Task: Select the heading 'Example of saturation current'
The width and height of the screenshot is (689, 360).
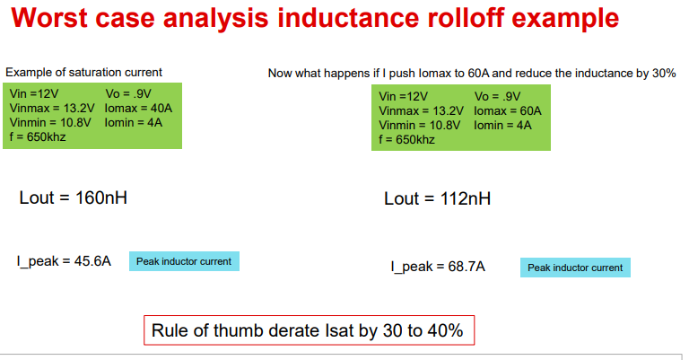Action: [x=83, y=72]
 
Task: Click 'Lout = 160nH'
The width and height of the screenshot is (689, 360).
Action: [x=73, y=198]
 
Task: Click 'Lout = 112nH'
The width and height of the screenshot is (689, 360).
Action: [x=437, y=199]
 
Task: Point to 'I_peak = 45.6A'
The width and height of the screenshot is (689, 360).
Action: [x=64, y=261]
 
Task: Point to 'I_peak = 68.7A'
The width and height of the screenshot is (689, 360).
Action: [x=438, y=267]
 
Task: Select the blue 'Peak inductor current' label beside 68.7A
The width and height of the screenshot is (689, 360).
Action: [x=575, y=268]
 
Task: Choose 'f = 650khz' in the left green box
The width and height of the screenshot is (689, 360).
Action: [x=38, y=136]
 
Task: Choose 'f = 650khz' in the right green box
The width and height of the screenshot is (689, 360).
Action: [x=407, y=140]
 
